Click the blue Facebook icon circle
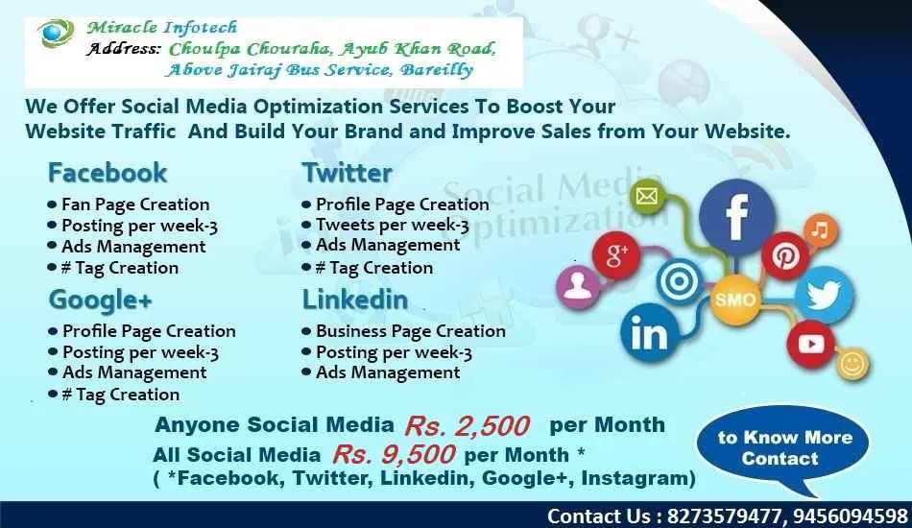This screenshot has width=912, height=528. click(x=736, y=217)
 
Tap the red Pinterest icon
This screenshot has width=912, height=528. click(x=786, y=255)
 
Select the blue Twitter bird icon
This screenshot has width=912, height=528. click(x=823, y=295)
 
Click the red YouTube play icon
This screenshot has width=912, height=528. click(x=810, y=343)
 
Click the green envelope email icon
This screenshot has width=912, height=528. click(x=647, y=198)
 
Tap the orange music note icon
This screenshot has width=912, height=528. click(x=820, y=230)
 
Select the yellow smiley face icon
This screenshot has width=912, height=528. click(x=852, y=364)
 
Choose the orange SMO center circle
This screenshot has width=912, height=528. click(x=734, y=300)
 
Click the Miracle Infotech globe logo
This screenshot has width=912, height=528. click(x=57, y=34)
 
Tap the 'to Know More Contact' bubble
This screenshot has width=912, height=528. click(x=784, y=447)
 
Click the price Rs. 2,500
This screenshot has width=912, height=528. click(x=467, y=425)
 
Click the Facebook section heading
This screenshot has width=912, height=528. click(x=108, y=173)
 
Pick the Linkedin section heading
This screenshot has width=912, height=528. click(x=354, y=300)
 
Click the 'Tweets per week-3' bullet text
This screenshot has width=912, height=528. click(x=392, y=226)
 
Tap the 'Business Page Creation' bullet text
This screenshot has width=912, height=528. click(x=410, y=331)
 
